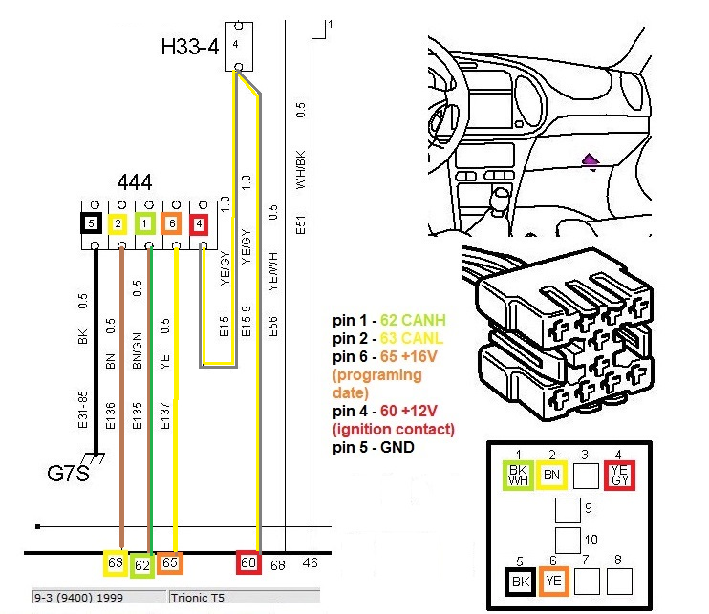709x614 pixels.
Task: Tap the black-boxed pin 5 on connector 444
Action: pyautogui.click(x=91, y=223)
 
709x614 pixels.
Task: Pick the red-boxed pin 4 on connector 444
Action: pyautogui.click(x=199, y=224)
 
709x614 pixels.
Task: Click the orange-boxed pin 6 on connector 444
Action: pyautogui.click(x=172, y=224)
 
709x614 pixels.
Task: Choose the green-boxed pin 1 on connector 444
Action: pyautogui.click(x=145, y=224)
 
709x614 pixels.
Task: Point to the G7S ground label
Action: pyautogui.click(x=69, y=473)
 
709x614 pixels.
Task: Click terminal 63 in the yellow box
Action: pyautogui.click(x=116, y=563)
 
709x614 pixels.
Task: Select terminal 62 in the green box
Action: pyautogui.click(x=142, y=565)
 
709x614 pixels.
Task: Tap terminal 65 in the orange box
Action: pyautogui.click(x=170, y=563)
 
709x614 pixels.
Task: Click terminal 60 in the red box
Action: pyautogui.click(x=248, y=563)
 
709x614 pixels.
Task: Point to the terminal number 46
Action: pyautogui.click(x=311, y=564)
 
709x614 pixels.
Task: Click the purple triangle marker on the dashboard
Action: pyautogui.click(x=591, y=161)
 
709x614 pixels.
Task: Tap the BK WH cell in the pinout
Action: pyautogui.click(x=517, y=474)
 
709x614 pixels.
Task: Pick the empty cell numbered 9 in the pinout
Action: pyautogui.click(x=568, y=509)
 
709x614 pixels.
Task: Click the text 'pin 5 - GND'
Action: pyautogui.click(x=373, y=447)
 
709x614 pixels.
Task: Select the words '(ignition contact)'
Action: pyautogui.click(x=394, y=430)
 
